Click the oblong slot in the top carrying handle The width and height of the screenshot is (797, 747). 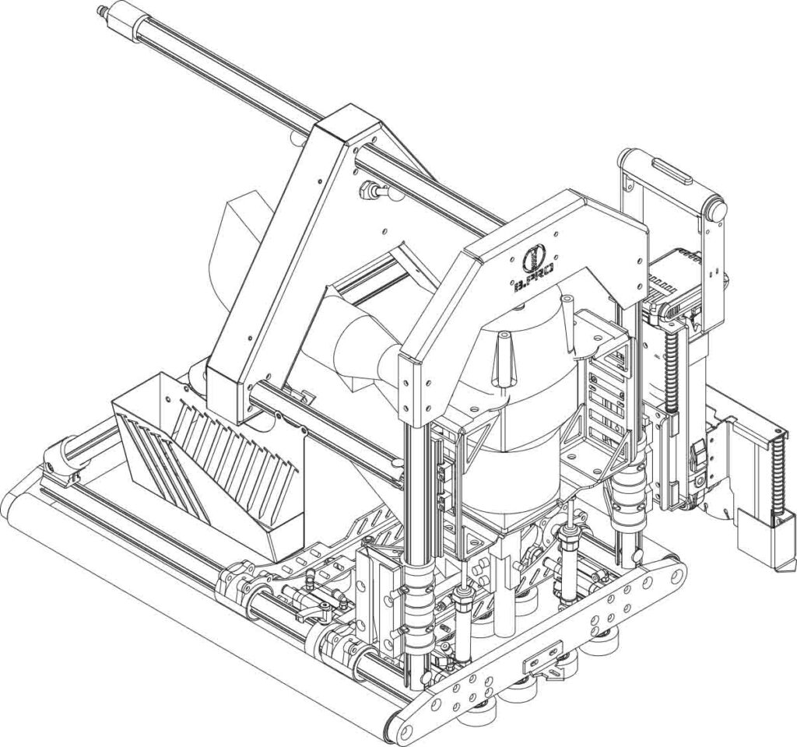click(x=670, y=170)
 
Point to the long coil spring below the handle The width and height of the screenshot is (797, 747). click(x=672, y=366)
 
